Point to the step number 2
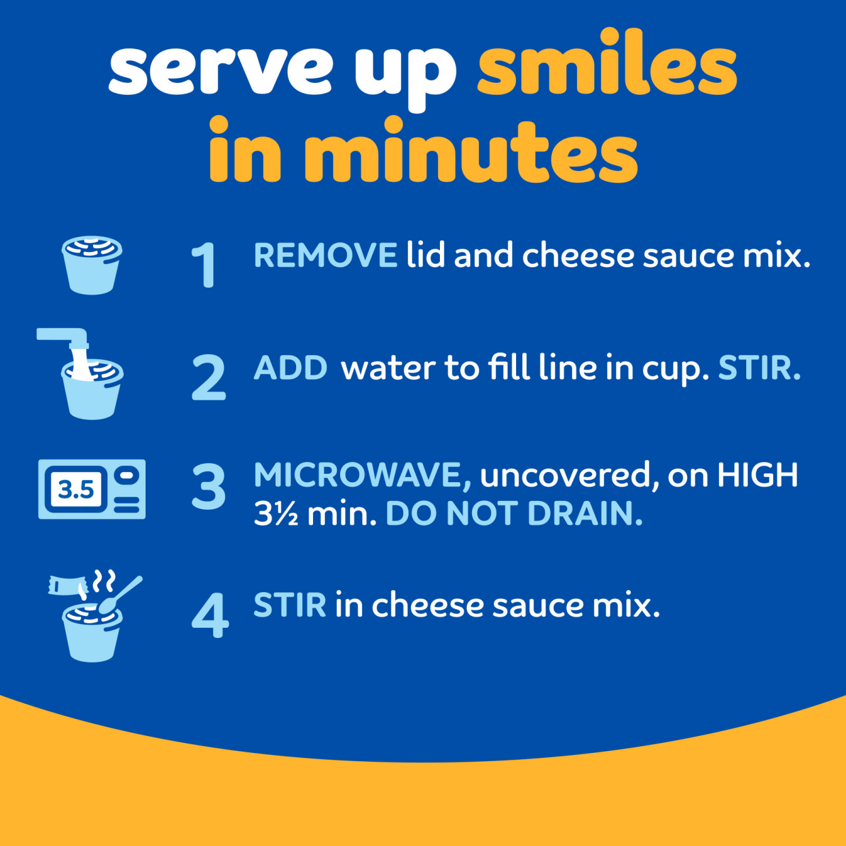(209, 378)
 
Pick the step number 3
(209, 486)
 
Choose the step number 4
(210, 615)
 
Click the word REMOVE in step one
(325, 255)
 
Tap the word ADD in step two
(290, 368)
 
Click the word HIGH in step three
(757, 475)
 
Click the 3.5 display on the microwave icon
(76, 489)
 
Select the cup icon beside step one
(92, 265)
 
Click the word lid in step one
(426, 255)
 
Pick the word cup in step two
(673, 369)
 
